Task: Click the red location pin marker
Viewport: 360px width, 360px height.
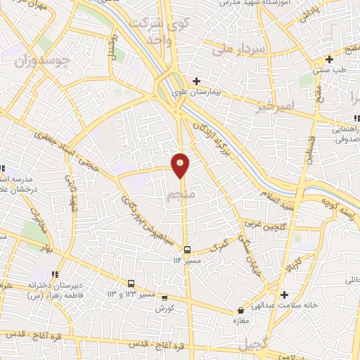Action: (x=181, y=165)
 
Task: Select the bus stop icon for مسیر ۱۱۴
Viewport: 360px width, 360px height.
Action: (x=188, y=250)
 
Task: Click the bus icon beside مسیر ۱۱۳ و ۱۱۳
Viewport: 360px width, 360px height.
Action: (x=131, y=283)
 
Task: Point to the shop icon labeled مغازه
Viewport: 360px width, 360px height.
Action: (x=241, y=309)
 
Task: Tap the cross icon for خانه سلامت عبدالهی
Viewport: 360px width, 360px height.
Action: (x=284, y=295)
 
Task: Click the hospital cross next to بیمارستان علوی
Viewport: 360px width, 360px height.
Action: (x=196, y=81)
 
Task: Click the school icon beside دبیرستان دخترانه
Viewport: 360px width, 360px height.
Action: (x=55, y=274)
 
